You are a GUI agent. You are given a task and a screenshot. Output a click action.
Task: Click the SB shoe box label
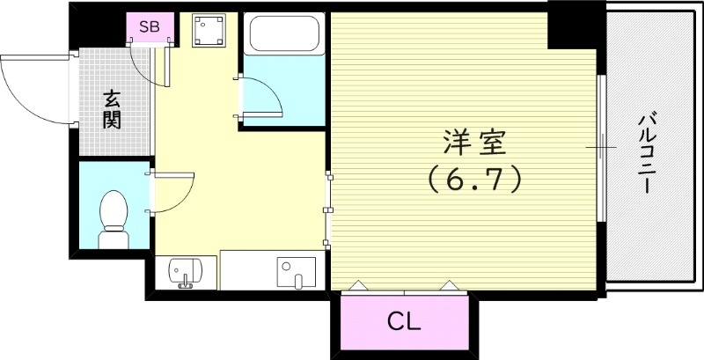[x=149, y=26]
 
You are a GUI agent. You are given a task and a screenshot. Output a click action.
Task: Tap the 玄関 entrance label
[x=113, y=109]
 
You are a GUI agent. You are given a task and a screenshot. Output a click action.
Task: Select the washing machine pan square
[x=209, y=34]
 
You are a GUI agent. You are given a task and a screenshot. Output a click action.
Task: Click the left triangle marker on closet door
[x=358, y=285]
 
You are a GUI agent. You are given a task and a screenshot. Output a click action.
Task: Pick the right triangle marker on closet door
[x=450, y=285]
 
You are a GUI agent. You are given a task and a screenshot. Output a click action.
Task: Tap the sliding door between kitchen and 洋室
[x=328, y=209]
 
